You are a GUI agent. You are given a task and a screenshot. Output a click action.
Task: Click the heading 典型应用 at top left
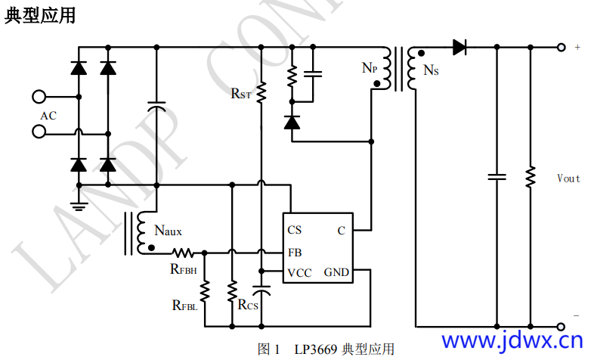[40, 14]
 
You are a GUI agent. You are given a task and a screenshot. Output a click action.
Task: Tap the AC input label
[48, 116]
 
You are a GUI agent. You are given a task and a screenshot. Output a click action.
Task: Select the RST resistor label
[241, 94]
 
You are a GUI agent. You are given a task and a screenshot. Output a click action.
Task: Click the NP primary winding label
[370, 69]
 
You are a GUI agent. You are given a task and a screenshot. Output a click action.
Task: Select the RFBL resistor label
[184, 306]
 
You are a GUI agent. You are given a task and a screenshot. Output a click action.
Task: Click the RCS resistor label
[248, 305]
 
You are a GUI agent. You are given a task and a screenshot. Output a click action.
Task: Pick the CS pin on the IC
[295, 230]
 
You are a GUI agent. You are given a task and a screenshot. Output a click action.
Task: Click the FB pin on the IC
[295, 252]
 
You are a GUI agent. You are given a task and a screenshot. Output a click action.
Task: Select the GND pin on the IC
[337, 272]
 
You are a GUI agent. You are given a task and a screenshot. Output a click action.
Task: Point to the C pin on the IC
[341, 230]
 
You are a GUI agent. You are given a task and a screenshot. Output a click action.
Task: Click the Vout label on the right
[568, 178]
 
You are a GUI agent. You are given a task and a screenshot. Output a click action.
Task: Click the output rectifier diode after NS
[459, 48]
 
